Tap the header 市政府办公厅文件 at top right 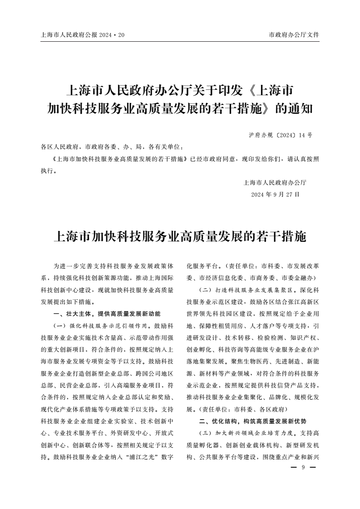pyautogui.click(x=294, y=35)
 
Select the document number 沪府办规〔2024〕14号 pyautogui.click(x=281, y=135)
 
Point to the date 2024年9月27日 pyautogui.click(x=276, y=194)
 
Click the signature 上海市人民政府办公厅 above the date pyautogui.click(x=275, y=183)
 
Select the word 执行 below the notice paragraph pyautogui.click(x=47, y=171)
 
